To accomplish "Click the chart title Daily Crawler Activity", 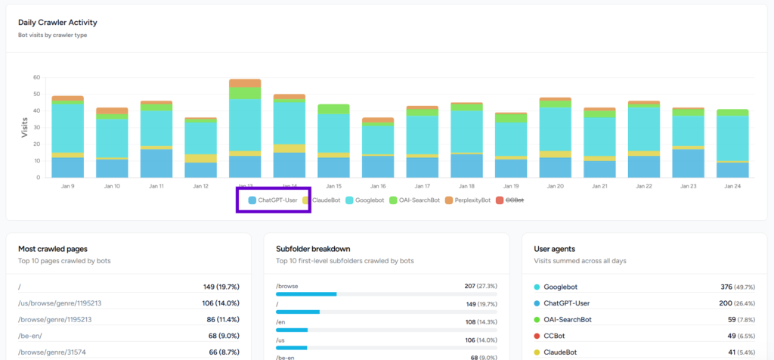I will (x=57, y=22).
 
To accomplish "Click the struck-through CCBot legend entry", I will (x=514, y=200).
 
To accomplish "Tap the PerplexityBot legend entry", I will (x=466, y=200).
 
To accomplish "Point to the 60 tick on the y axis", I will (x=36, y=77).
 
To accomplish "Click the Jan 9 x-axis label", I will (x=67, y=186).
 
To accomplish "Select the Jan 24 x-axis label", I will (x=732, y=186).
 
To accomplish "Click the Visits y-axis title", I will (x=24, y=126).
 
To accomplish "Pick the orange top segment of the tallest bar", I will (x=245, y=82).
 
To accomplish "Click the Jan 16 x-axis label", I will (x=378, y=186).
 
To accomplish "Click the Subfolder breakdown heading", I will (x=312, y=248).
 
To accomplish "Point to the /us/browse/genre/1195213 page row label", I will (x=59, y=303).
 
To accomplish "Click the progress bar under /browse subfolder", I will (x=306, y=294).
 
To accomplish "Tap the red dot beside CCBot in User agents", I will (x=537, y=336).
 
